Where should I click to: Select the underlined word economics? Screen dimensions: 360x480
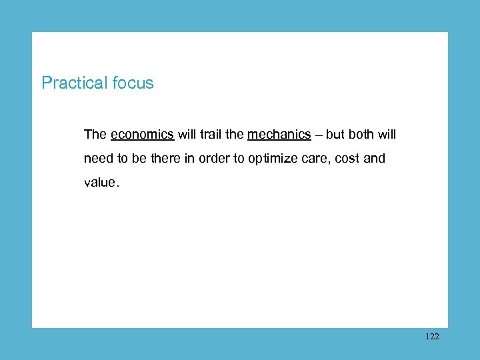point(143,135)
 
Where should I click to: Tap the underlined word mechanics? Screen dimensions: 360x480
point(279,135)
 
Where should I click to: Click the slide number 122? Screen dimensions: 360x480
point(432,337)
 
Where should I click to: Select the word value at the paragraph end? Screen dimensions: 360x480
point(99,183)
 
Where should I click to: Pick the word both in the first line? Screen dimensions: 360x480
point(361,135)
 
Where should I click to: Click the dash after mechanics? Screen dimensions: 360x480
point(319,135)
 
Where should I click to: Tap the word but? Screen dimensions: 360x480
point(335,135)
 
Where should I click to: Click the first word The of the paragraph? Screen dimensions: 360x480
point(95,135)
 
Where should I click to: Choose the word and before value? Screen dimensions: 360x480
point(375,159)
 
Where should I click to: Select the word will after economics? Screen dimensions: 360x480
point(186,135)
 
